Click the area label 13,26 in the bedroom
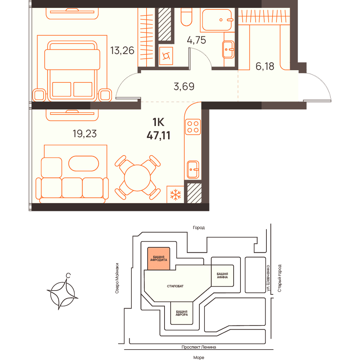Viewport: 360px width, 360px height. pos(122,51)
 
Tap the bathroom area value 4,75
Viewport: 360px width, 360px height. pos(196,40)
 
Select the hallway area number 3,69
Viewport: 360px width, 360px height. pos(184,86)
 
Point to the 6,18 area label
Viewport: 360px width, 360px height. pos(265,66)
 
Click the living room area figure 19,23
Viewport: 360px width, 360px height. pos(85,134)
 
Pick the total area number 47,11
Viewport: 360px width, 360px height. pos(158,135)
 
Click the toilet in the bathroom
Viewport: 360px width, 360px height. pos(186,17)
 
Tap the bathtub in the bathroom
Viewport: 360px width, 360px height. pos(217,20)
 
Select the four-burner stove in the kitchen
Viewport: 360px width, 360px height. pos(193,127)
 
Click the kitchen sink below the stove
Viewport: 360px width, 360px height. pos(193,170)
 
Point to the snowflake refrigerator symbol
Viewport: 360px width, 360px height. pos(175,194)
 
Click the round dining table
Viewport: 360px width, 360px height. pos(137,178)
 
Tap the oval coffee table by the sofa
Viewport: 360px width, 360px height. pos(84,164)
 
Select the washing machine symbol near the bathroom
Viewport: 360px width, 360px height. pos(166,56)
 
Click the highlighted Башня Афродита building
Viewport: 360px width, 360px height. pos(159,258)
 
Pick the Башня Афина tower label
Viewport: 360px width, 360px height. pos(222,275)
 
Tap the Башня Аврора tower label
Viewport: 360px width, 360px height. pos(181,313)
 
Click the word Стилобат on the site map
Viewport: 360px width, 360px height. pos(175,286)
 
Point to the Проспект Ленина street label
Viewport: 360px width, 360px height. pos(199,347)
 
